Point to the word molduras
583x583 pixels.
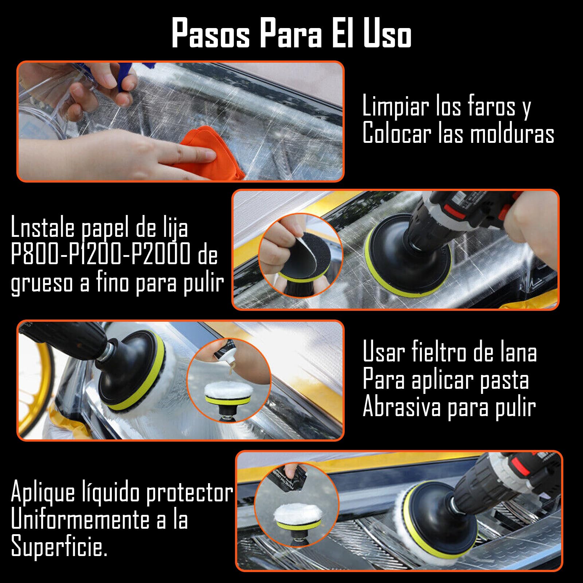pyautogui.click(x=512, y=134)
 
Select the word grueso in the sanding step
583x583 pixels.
pyautogui.click(x=42, y=283)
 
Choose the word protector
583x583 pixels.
pyautogui.click(x=189, y=493)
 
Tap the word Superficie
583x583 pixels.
pyautogui.click(x=58, y=548)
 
